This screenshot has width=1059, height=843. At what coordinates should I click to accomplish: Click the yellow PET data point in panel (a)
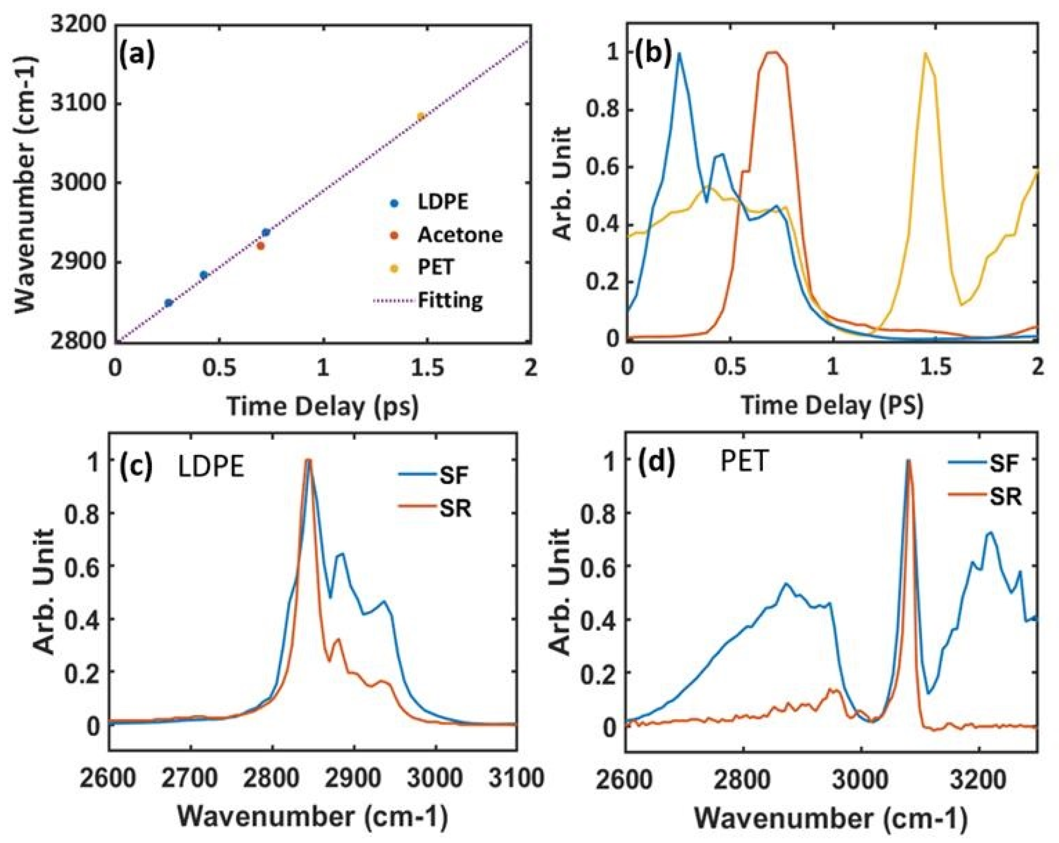pos(420,116)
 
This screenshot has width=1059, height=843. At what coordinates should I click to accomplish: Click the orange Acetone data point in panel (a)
pos(261,246)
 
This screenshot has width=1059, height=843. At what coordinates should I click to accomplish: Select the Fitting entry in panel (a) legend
pos(450,300)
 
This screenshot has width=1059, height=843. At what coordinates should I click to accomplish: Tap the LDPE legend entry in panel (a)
pos(443,202)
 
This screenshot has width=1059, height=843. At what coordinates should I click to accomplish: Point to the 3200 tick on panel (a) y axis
pos(79,25)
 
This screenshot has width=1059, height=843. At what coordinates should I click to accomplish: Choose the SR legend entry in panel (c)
pos(455,508)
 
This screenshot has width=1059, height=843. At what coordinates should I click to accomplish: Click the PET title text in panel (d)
pos(744,462)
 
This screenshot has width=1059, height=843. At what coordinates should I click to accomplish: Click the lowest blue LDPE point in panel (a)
pos(168,303)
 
